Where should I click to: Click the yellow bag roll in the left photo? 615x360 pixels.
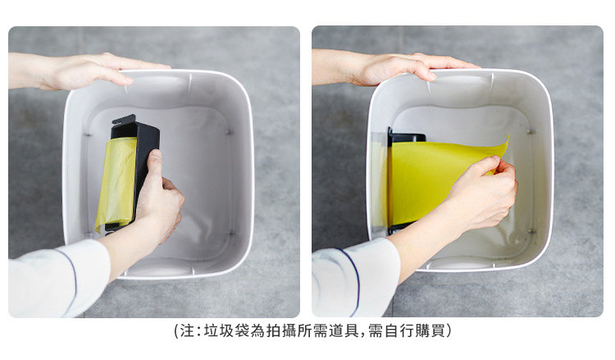116,185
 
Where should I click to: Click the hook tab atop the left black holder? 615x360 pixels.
124,119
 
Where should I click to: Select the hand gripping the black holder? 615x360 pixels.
159,196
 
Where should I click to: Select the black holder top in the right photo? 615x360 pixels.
407,137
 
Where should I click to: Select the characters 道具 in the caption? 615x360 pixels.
344,331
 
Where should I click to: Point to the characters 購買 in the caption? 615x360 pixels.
430,331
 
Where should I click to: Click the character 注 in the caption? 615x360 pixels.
187,331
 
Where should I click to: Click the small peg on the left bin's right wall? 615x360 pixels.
229,132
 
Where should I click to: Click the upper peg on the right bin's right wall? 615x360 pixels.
531,131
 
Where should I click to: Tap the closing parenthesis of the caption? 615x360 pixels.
449,331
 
